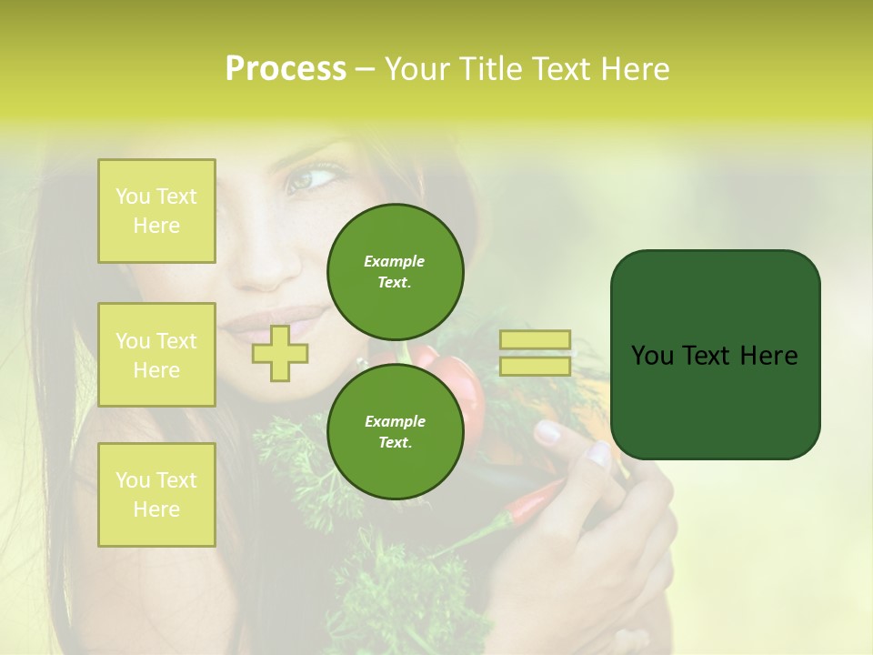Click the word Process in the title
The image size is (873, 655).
click(x=286, y=69)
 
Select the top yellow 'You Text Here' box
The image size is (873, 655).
click(x=156, y=211)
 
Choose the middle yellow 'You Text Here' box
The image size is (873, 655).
click(x=156, y=355)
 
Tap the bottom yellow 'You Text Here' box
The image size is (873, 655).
click(x=156, y=494)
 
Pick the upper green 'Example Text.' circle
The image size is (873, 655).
click(x=395, y=271)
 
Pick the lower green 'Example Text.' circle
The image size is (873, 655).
click(x=395, y=431)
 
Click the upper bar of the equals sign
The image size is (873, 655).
click(x=535, y=340)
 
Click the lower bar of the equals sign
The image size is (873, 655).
click(x=535, y=367)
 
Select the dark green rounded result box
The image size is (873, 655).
click(x=715, y=355)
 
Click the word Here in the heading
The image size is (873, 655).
click(x=633, y=69)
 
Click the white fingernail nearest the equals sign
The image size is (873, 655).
click(x=547, y=431)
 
